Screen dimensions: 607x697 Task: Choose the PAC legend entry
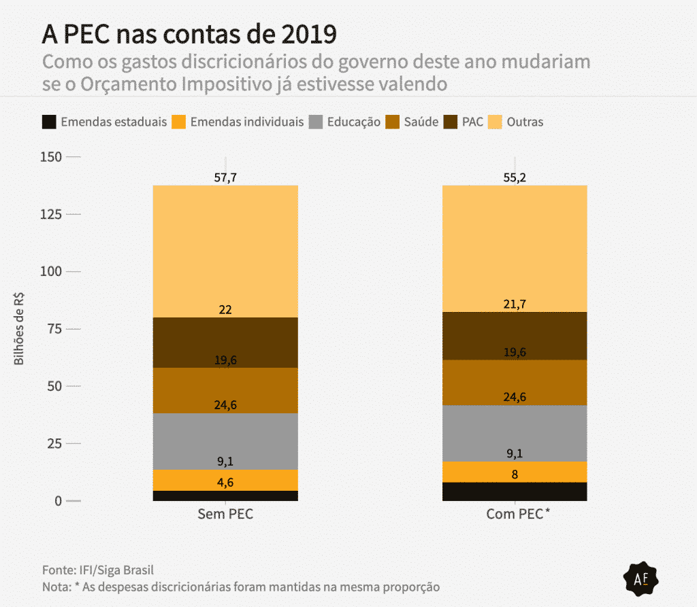pos(464,122)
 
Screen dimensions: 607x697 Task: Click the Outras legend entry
pos(515,122)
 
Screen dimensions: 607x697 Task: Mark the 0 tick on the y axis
pos(58,501)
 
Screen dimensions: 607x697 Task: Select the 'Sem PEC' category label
pos(225,515)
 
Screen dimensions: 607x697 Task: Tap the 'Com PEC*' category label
pos(517,515)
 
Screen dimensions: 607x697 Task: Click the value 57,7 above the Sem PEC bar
pos(225,178)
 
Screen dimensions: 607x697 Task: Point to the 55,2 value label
pos(515,178)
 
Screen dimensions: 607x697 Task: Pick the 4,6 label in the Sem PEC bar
pos(225,483)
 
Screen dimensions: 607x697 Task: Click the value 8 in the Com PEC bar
pos(515,475)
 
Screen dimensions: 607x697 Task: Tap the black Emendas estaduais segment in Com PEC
pos(515,491)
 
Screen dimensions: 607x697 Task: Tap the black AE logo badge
pos(643,579)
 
